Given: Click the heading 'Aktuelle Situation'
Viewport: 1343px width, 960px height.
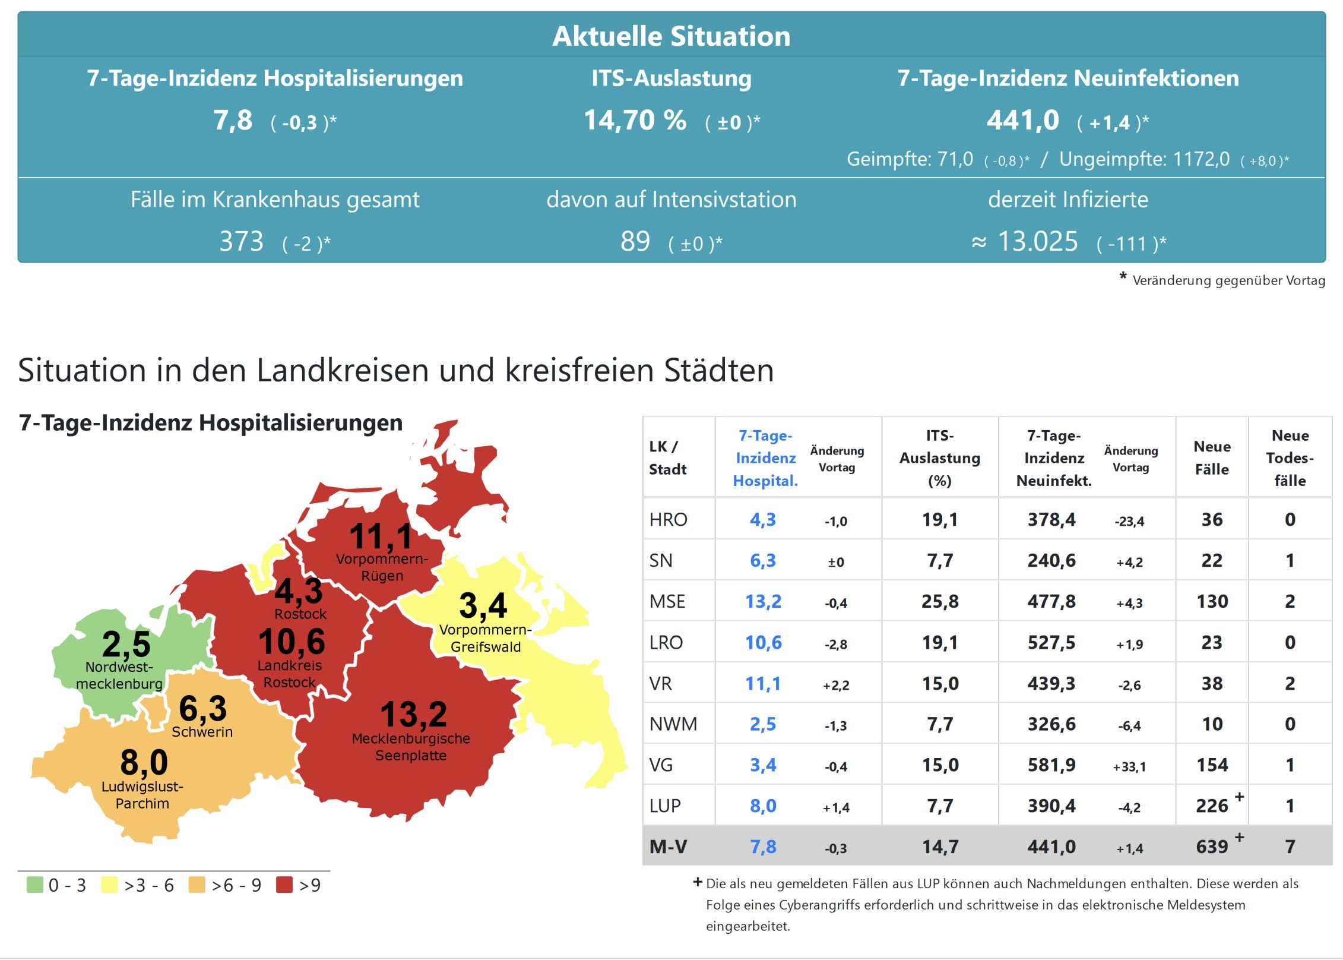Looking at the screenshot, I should (x=671, y=36).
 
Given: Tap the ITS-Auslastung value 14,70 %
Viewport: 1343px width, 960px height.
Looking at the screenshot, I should (x=635, y=121).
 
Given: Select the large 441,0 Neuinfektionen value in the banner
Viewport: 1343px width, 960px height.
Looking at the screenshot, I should (x=1022, y=121).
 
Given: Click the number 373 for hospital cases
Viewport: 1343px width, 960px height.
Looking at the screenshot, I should (x=241, y=241).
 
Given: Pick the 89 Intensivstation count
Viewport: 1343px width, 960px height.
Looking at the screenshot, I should (x=635, y=241).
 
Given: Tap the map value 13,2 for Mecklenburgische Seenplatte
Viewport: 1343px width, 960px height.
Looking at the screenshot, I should (x=413, y=714).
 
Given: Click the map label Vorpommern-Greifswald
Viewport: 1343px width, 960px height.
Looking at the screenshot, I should (x=485, y=638).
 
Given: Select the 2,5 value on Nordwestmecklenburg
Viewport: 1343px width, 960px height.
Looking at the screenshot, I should (x=126, y=643).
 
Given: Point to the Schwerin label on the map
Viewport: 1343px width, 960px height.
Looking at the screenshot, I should (x=202, y=732).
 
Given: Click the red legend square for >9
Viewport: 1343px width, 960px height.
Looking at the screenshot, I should (x=284, y=885).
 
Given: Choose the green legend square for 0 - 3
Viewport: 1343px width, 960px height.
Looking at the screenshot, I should (x=35, y=885).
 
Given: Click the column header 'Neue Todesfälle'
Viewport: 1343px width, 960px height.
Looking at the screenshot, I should (x=1290, y=457).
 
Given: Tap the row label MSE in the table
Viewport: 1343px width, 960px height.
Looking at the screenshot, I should (x=667, y=601).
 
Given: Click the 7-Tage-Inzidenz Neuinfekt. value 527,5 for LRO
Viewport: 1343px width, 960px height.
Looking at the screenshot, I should (x=1051, y=642).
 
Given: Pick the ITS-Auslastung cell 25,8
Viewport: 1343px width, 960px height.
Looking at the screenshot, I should (x=939, y=601).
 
